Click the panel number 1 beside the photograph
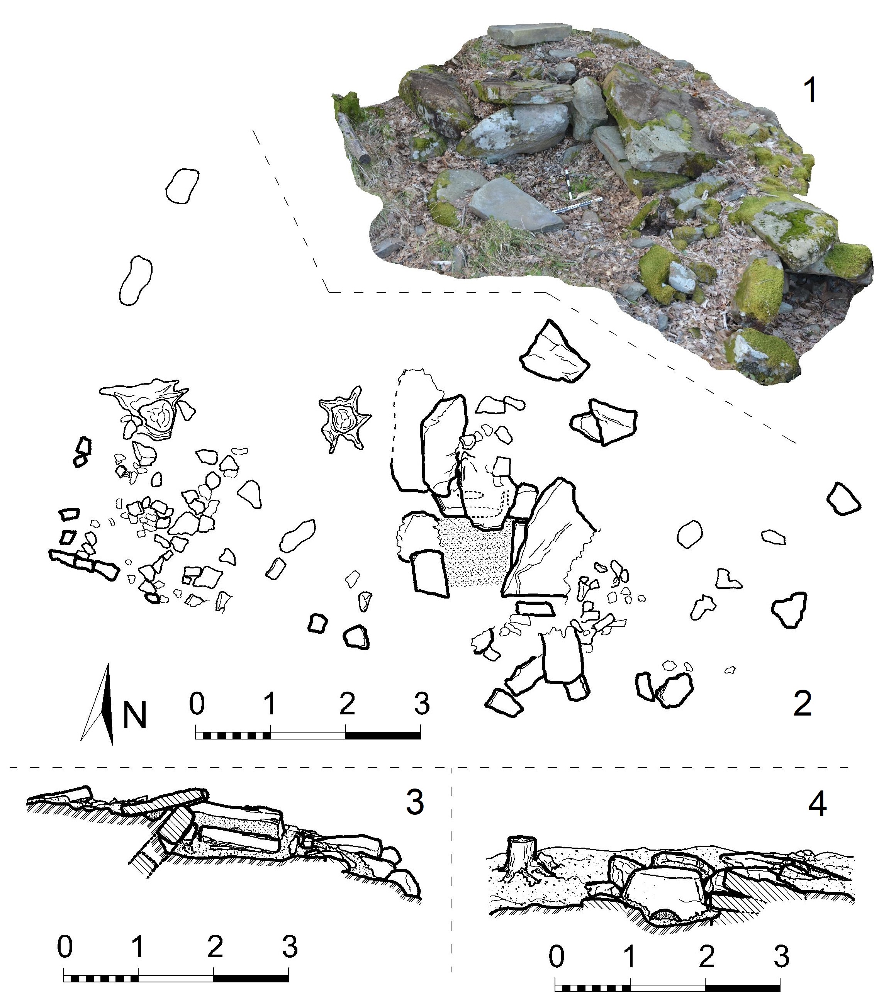pos(811,91)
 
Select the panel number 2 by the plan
pos(802,703)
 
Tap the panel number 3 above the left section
pos(414,802)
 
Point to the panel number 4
pos(817,804)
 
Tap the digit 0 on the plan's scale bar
pos(197,703)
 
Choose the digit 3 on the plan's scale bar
pos(422,703)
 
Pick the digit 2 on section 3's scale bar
pos(215,946)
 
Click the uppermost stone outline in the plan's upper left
pos(182,187)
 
